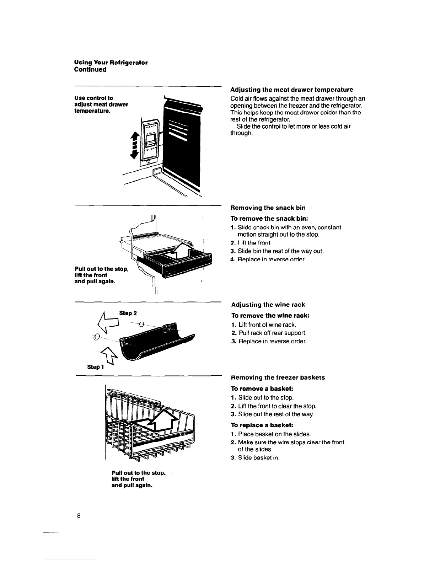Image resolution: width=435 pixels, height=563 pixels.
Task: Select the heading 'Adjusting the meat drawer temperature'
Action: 291,90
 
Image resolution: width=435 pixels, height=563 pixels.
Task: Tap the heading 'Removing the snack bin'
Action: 268,208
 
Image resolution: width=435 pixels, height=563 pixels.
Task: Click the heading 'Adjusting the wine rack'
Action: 268,305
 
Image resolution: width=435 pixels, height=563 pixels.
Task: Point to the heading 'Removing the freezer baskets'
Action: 278,377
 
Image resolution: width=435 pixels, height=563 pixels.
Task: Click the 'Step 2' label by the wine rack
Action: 128,313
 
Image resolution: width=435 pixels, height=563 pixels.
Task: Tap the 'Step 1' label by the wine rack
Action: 94,367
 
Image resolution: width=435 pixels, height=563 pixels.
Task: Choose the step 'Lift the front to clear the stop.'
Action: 277,406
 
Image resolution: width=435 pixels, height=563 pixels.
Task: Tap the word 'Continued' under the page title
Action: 90,70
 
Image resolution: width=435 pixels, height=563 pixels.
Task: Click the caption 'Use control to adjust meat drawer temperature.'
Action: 101,104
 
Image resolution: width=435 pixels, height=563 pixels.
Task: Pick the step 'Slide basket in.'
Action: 259,458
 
